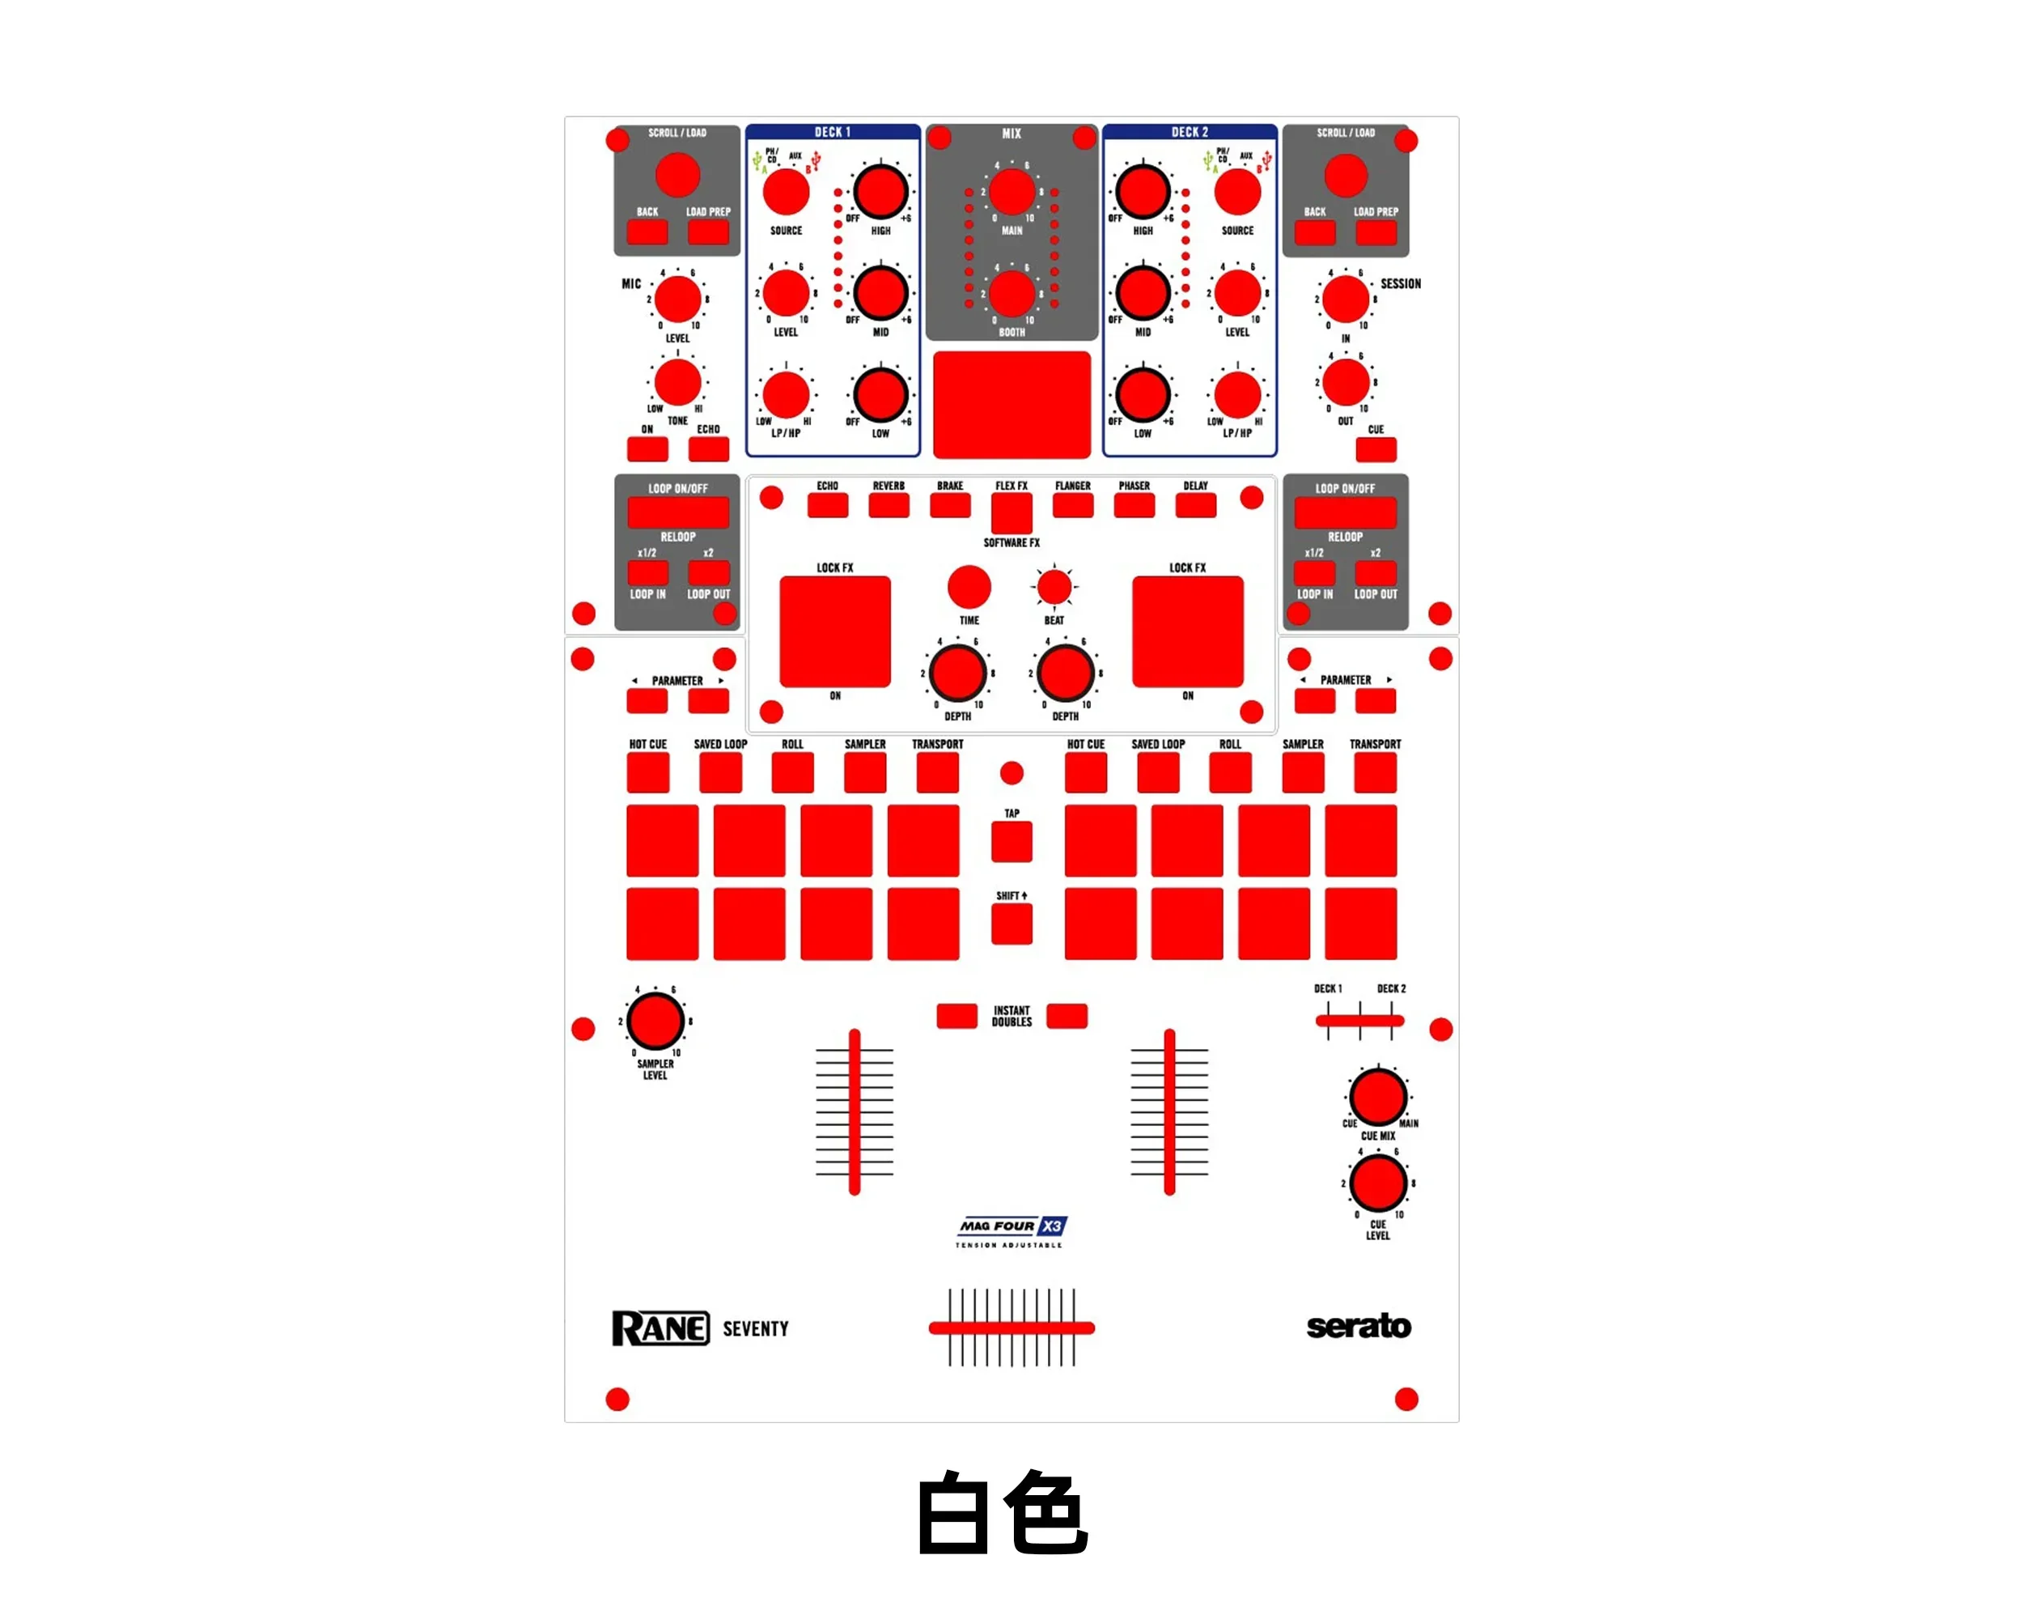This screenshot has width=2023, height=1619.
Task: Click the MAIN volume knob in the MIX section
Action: click(1011, 193)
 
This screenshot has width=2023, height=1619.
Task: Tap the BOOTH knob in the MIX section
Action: click(1011, 295)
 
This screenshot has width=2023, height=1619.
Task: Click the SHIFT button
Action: click(1011, 924)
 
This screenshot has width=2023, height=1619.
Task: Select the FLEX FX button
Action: click(1011, 513)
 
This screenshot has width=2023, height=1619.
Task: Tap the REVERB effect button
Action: click(889, 506)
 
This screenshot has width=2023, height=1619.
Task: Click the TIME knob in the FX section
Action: click(969, 588)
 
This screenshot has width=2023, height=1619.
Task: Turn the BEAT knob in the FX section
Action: click(1054, 588)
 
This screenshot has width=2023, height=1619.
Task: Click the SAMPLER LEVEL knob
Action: click(655, 1021)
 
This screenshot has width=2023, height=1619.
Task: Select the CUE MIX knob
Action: click(1377, 1096)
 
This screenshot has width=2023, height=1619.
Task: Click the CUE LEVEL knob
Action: click(1377, 1183)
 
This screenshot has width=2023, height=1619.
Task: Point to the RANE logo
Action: click(660, 1328)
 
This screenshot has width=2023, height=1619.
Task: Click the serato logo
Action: click(1359, 1326)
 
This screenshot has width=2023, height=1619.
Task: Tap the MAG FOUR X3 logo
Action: click(1011, 1226)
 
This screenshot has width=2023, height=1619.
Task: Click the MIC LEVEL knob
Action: click(677, 300)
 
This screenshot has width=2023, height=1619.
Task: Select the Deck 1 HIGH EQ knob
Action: click(880, 192)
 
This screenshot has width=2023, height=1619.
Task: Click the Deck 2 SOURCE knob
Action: click(1237, 193)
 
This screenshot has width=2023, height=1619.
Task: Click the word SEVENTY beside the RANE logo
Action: click(755, 1329)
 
